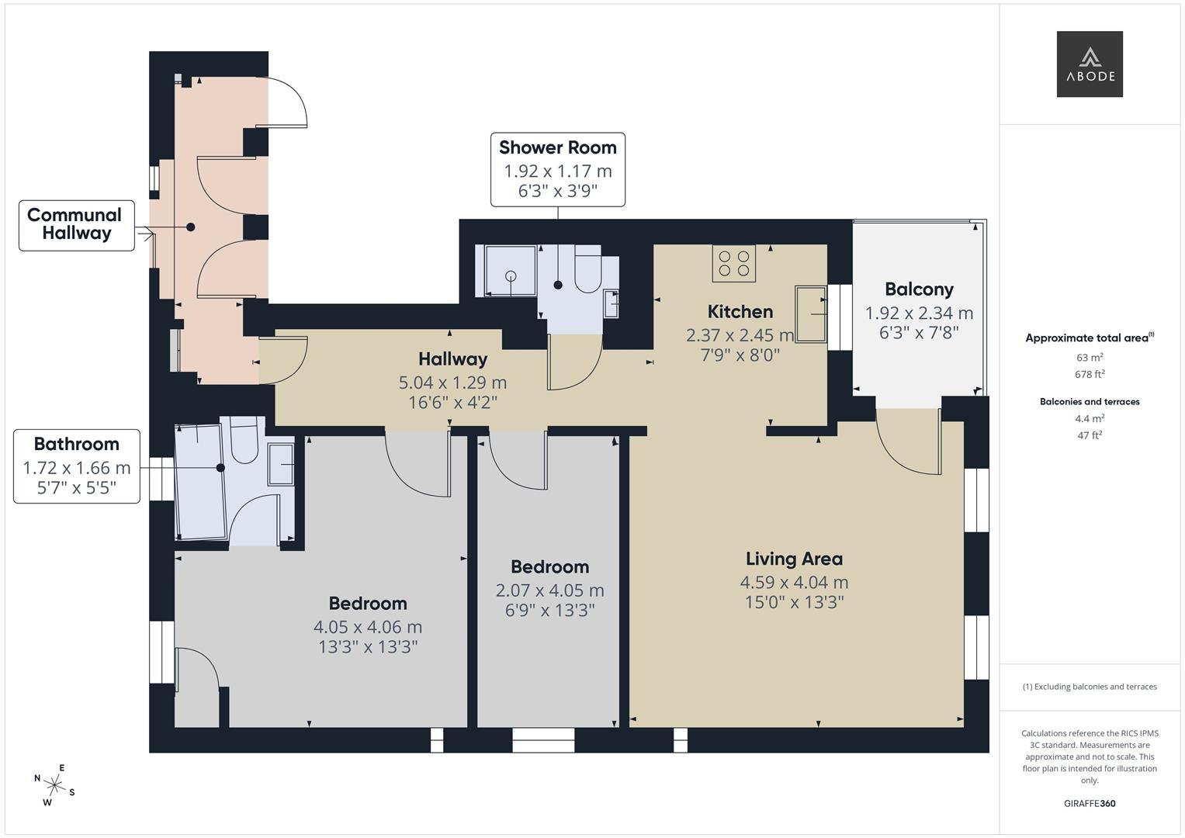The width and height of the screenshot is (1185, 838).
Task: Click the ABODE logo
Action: (1090, 64)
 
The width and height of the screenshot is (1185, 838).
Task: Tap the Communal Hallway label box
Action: (77, 225)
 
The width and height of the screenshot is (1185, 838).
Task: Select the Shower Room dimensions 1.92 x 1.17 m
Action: (558, 171)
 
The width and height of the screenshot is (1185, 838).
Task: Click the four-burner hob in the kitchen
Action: (734, 264)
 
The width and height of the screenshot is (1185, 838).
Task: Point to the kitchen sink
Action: (811, 314)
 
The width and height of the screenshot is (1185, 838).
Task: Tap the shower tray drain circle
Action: (511, 275)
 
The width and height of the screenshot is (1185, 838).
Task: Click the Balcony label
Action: (919, 289)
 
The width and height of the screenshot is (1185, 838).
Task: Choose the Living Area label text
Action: (794, 559)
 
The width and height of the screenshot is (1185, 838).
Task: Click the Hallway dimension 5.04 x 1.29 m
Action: (452, 382)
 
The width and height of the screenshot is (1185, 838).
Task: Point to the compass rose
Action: (54, 785)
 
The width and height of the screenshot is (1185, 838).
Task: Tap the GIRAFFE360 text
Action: (1090, 803)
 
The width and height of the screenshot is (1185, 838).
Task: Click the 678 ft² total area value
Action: (1090, 374)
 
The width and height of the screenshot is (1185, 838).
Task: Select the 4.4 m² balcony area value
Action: (1090, 418)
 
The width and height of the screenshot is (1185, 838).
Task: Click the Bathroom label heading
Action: (77, 444)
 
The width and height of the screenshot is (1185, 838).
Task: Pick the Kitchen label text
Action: (740, 312)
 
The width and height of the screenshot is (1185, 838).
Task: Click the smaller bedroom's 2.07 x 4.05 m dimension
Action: (549, 590)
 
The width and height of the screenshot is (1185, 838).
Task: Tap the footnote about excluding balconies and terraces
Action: (1090, 687)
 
